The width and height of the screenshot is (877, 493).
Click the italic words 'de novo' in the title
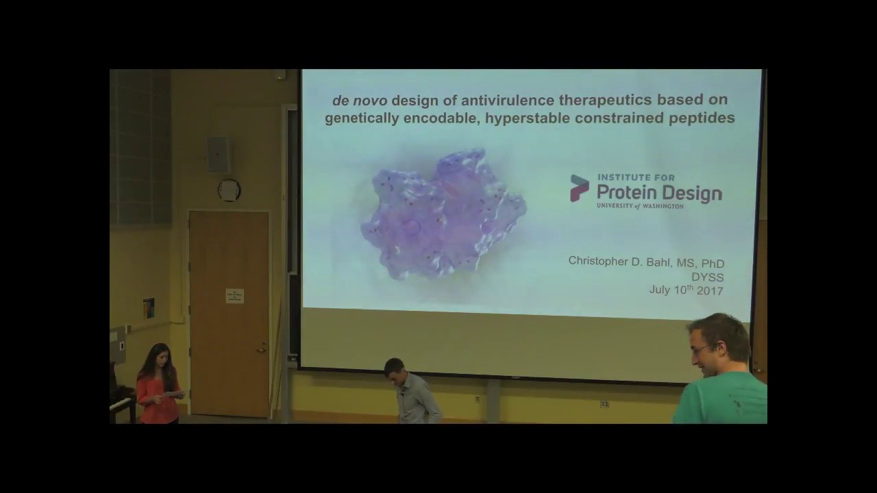359,101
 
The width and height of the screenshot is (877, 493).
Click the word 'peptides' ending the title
706,118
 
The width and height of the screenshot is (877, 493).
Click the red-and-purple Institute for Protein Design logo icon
580,188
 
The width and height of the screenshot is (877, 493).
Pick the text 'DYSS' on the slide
708,277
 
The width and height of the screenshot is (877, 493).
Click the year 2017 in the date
711,290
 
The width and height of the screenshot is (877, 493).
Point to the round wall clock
229,190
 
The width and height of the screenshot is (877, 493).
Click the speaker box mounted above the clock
219,155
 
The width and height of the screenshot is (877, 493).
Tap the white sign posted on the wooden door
235,296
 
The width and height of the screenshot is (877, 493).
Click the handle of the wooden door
261,349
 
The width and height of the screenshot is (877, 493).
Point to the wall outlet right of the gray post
604,405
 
